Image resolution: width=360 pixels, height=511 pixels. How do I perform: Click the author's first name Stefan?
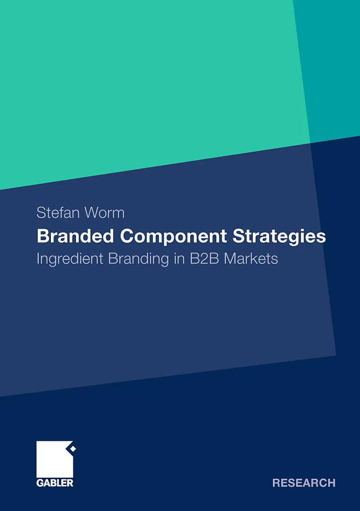(x=58, y=213)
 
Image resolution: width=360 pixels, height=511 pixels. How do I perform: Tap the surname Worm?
(x=104, y=213)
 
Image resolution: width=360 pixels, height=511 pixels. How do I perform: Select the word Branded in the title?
(x=76, y=236)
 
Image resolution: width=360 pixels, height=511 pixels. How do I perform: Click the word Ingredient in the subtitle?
(x=70, y=259)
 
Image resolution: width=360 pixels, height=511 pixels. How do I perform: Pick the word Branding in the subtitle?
(x=139, y=259)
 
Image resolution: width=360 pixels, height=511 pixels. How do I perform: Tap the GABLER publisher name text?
(x=55, y=483)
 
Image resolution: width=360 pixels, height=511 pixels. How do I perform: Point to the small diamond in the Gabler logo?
(x=73, y=449)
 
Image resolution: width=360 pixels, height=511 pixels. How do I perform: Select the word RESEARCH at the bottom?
(x=304, y=483)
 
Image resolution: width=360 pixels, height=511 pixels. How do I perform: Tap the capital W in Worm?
(x=92, y=213)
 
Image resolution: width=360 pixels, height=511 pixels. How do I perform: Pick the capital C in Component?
(x=127, y=236)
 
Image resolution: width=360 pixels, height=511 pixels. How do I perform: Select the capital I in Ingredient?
(x=38, y=259)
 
